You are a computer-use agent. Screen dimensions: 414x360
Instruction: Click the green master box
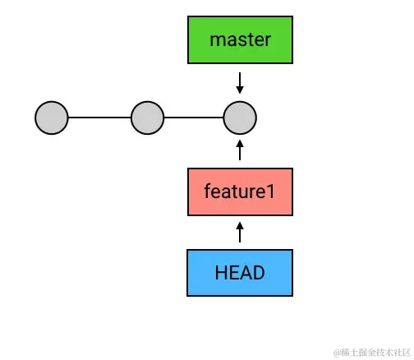[240, 40]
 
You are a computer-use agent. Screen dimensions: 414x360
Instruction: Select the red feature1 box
[240, 192]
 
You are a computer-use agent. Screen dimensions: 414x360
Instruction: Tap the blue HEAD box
[240, 273]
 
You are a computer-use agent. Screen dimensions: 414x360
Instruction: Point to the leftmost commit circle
[52, 118]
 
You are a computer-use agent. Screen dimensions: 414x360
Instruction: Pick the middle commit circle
[148, 118]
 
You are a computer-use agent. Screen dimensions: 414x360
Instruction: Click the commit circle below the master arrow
[240, 118]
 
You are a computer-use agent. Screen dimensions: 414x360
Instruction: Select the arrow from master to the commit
[240, 83]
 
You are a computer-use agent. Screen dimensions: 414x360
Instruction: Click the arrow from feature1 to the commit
[240, 150]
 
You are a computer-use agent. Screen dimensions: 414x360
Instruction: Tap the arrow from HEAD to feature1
[240, 232]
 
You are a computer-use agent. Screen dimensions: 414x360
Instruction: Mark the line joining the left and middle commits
[99, 118]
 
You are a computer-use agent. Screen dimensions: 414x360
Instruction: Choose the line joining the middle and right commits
[194, 118]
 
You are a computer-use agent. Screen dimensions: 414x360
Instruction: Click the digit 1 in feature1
[270, 192]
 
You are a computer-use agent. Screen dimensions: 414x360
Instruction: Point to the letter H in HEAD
[221, 273]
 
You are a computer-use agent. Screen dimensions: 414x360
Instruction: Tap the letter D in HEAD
[259, 273]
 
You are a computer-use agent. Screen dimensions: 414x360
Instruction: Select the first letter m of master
[216, 41]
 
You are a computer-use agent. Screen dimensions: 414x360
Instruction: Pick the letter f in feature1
[208, 191]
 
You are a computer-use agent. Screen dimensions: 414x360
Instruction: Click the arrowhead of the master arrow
[240, 90]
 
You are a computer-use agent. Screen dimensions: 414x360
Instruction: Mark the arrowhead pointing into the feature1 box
[240, 226]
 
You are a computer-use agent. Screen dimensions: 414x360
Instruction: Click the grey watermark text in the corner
[372, 353]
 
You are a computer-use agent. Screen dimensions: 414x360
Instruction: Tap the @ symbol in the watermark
[337, 353]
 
